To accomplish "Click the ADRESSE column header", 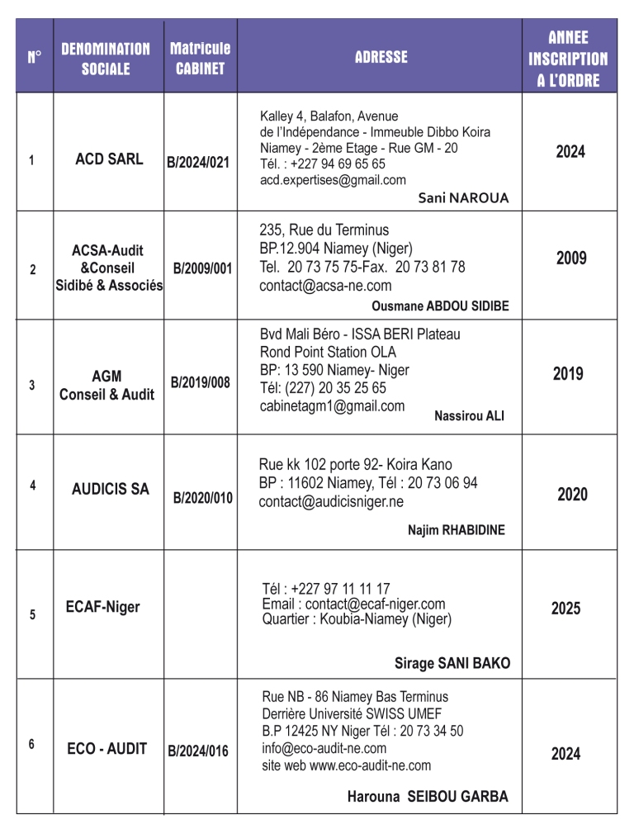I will pyautogui.click(x=381, y=57).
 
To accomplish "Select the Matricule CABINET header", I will pyautogui.click(x=200, y=58).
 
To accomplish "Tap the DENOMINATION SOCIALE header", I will pyautogui.click(x=106, y=59).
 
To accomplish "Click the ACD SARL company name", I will pyautogui.click(x=109, y=159).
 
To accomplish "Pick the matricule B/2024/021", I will pyautogui.click(x=198, y=163).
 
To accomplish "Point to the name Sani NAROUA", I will pyautogui.click(x=463, y=198).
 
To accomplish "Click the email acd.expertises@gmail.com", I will pyautogui.click(x=333, y=180).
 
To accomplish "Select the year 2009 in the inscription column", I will pyautogui.click(x=570, y=258).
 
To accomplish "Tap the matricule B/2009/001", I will pyautogui.click(x=202, y=269).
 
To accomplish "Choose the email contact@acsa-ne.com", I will pyautogui.click(x=325, y=287).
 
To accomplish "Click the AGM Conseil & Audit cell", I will pyautogui.click(x=106, y=386).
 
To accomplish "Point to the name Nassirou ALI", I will pyautogui.click(x=469, y=416).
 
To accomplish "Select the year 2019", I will pyautogui.click(x=568, y=374).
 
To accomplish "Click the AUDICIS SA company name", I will pyautogui.click(x=111, y=489).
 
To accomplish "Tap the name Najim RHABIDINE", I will pyautogui.click(x=456, y=530).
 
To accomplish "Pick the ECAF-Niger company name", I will pyautogui.click(x=102, y=608).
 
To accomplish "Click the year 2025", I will pyautogui.click(x=565, y=609).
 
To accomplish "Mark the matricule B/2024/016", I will pyautogui.click(x=198, y=751).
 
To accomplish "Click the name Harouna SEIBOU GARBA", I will pyautogui.click(x=428, y=797).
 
